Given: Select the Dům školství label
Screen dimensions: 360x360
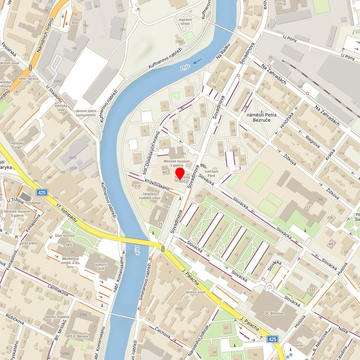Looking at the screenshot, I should tap(65, 235).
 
